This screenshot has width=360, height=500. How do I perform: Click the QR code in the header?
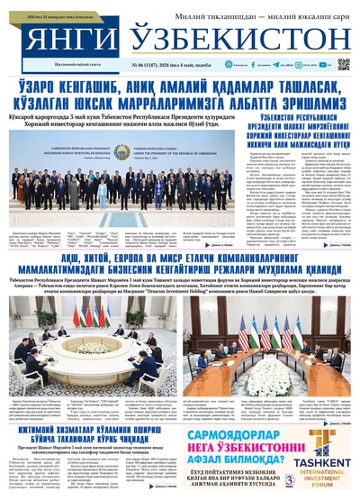tap(343, 65)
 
